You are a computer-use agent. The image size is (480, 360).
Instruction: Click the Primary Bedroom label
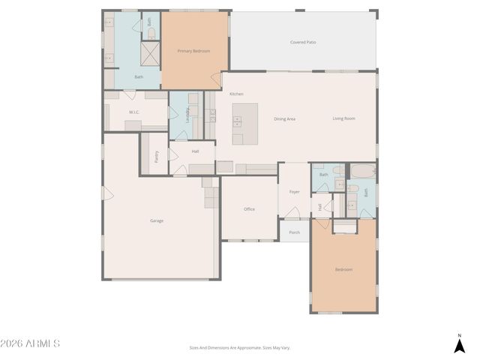coord(193,51)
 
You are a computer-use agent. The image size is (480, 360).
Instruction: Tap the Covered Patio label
coord(303,42)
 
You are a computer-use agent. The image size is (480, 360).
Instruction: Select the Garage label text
coord(157,220)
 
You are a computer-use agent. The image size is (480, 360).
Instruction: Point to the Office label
coord(249,209)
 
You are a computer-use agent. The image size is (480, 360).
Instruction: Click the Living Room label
coord(344,118)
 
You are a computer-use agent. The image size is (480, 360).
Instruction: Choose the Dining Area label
coord(284,118)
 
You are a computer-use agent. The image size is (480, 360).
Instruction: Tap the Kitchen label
coord(236,94)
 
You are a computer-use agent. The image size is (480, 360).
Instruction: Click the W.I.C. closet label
coord(134,112)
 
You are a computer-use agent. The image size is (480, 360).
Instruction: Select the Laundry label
coord(187,115)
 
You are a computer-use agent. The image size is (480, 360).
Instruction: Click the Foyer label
coord(295,192)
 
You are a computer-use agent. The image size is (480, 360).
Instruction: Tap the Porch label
coord(295,232)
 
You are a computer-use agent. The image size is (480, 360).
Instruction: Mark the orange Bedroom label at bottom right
coord(343,269)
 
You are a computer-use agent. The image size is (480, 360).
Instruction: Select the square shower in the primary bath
coord(151,53)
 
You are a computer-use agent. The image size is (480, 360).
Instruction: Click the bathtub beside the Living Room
coord(361,172)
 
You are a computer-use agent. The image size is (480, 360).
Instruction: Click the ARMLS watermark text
coord(30,343)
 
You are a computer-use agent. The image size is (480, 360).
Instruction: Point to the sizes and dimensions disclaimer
coord(239,348)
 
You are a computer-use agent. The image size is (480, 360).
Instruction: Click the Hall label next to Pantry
coord(195,151)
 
